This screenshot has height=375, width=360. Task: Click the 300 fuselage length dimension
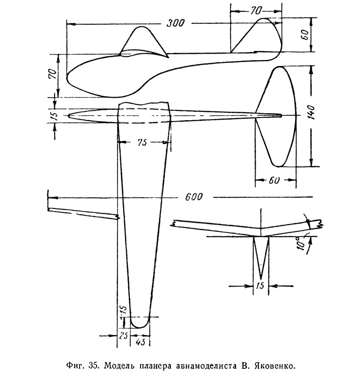point(175,23)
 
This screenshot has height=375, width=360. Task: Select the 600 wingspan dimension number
point(194,197)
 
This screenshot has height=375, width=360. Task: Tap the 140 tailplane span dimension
point(311,112)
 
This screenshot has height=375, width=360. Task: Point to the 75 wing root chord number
point(142,143)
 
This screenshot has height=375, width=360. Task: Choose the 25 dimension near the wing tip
point(123,336)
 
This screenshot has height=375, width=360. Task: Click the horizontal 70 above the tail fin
point(256,11)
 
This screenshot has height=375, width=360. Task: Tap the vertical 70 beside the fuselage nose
point(53,74)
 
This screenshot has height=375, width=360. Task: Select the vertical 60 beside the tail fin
point(305,35)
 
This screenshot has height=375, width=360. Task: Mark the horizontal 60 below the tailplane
point(274,180)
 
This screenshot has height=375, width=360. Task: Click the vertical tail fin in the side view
point(257,35)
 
